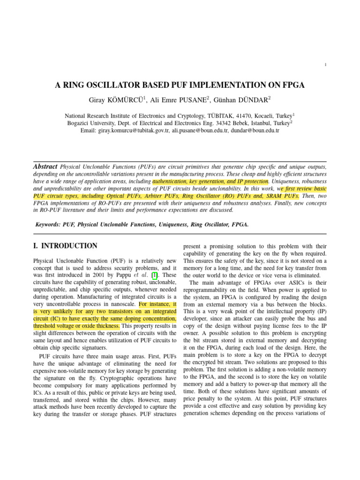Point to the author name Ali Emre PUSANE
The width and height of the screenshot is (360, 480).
[178, 99]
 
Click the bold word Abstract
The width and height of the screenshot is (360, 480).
[45, 167]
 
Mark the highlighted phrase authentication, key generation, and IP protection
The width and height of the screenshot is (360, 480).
[210, 181]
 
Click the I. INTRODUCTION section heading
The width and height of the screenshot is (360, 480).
[65, 246]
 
